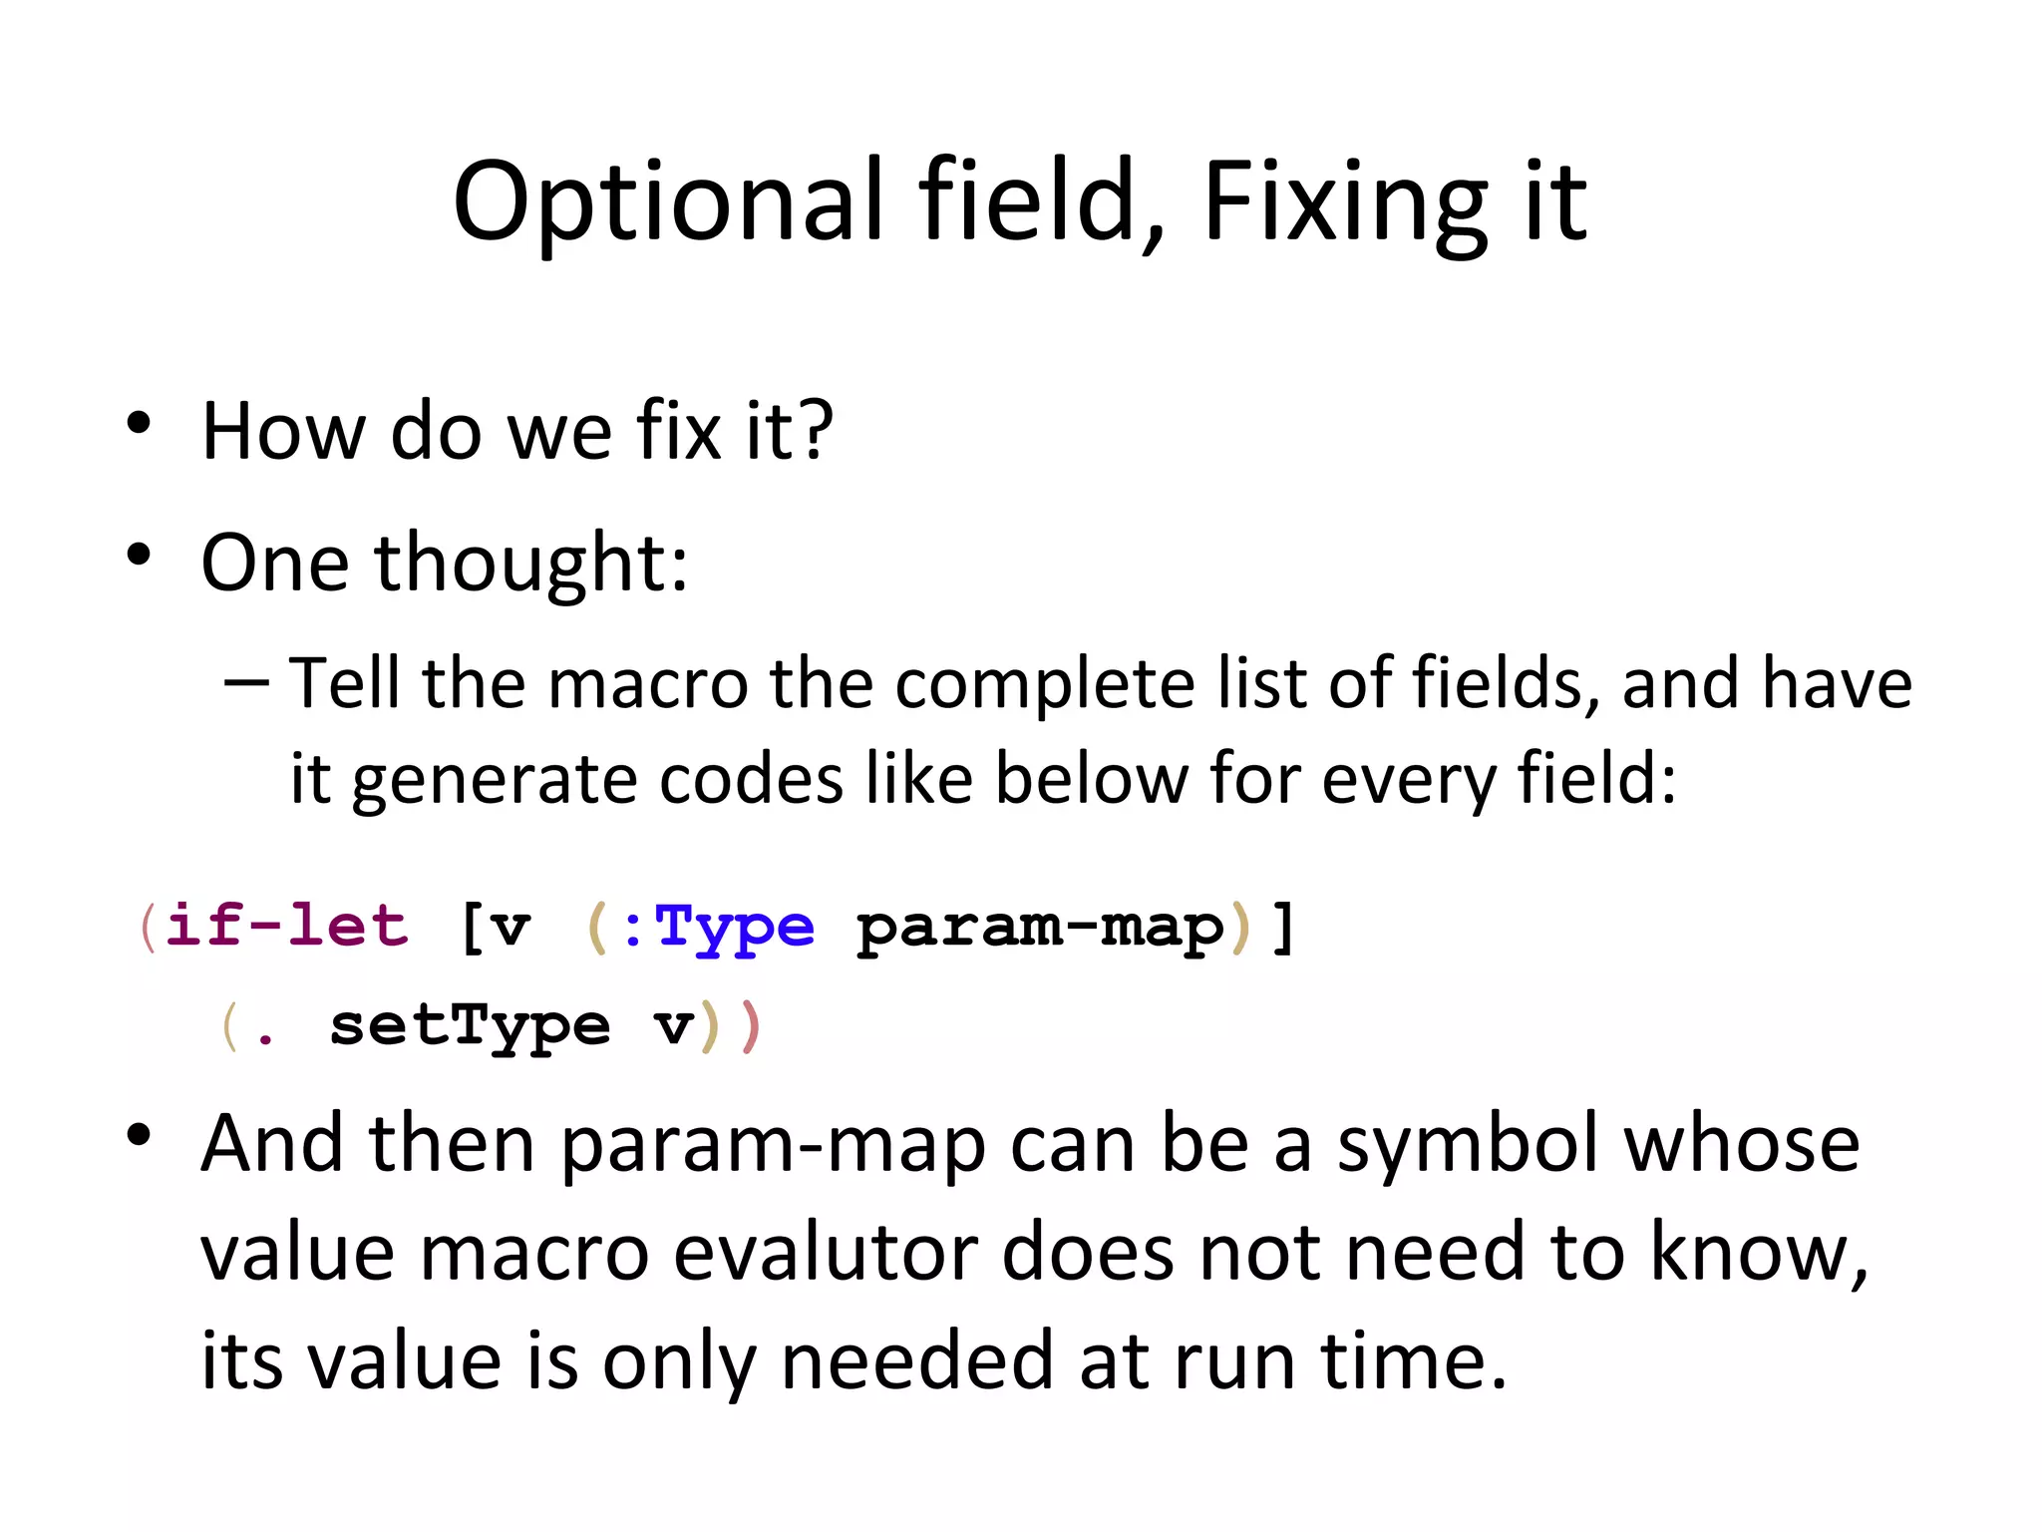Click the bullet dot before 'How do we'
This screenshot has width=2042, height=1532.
point(139,423)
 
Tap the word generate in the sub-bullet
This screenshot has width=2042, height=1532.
point(494,780)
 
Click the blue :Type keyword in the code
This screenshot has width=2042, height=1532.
point(718,928)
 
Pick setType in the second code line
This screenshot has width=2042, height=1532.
point(469,1026)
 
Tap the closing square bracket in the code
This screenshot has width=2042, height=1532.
point(1283,928)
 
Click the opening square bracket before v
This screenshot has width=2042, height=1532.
point(471,928)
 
